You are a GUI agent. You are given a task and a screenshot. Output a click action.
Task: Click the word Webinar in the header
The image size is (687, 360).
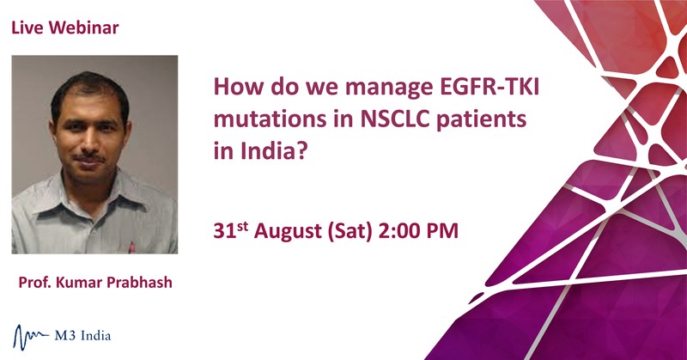83,27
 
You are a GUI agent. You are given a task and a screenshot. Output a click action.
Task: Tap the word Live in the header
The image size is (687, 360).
27,27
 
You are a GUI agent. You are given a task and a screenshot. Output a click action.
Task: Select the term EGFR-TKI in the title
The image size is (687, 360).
489,87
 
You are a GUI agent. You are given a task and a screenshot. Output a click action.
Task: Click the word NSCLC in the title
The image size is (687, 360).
395,119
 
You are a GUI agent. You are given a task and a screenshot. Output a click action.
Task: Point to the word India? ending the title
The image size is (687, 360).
274,151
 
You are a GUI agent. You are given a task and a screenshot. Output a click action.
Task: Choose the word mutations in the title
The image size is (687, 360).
270,119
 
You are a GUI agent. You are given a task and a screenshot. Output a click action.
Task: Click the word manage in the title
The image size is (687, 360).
389,88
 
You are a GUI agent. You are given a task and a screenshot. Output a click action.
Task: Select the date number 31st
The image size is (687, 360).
231,230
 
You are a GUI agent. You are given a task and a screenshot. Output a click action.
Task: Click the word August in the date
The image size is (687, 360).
288,231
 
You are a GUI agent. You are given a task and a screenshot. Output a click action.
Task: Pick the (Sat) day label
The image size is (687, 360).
350,231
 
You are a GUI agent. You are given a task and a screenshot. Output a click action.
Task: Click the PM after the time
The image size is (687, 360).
440,230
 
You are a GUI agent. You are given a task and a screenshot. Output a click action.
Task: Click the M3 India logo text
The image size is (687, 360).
82,336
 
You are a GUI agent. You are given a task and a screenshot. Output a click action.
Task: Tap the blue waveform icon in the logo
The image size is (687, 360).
31,337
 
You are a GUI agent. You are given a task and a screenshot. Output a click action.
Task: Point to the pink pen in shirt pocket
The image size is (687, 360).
131,247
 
